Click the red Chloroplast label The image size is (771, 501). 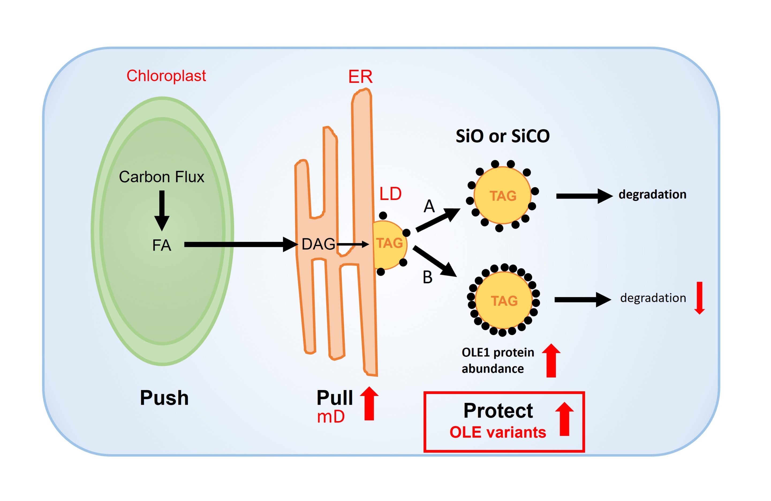click(x=166, y=76)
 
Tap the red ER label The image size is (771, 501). click(x=360, y=77)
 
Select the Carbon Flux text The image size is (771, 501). click(x=161, y=177)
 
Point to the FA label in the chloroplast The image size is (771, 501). click(x=161, y=246)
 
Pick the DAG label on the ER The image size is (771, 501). click(x=318, y=244)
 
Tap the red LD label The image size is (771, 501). click(x=390, y=194)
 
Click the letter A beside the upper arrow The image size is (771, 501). click(x=429, y=206)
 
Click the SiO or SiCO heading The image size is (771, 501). click(x=502, y=136)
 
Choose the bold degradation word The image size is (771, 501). click(x=652, y=194)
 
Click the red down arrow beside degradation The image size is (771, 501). click(x=700, y=298)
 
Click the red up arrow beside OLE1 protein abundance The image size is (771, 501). click(x=551, y=361)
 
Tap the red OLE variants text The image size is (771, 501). click(x=498, y=432)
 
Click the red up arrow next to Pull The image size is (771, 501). click(x=369, y=403)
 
